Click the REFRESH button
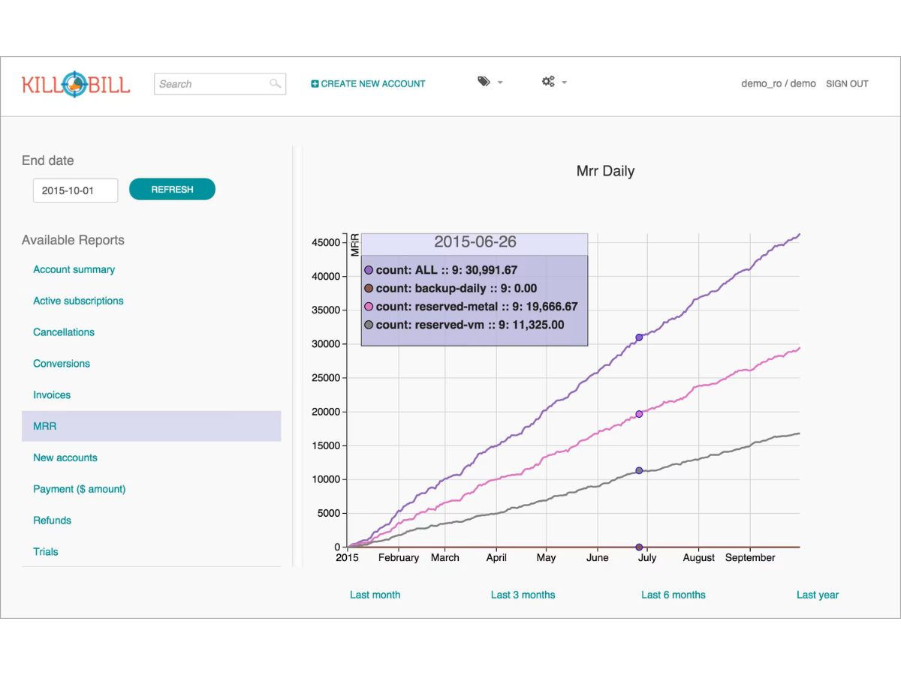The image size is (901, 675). click(172, 189)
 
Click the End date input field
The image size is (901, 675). click(76, 190)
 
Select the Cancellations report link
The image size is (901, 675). click(64, 332)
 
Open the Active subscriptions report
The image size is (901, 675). click(78, 301)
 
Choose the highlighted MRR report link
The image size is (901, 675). click(45, 426)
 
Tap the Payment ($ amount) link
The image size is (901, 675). click(80, 489)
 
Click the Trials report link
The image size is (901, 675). click(46, 552)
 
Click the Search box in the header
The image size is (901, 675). click(220, 84)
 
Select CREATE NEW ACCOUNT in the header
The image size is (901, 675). click(368, 84)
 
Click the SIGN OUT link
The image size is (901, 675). click(847, 84)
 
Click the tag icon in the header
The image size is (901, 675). click(484, 82)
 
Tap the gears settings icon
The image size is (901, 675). click(548, 82)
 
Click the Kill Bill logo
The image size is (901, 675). click(76, 85)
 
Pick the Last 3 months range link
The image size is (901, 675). click(523, 595)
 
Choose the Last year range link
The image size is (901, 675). click(818, 595)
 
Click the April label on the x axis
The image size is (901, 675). click(496, 558)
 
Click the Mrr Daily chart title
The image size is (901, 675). click(605, 171)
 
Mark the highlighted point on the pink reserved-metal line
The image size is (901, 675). click(639, 414)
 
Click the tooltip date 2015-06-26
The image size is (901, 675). click(475, 241)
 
